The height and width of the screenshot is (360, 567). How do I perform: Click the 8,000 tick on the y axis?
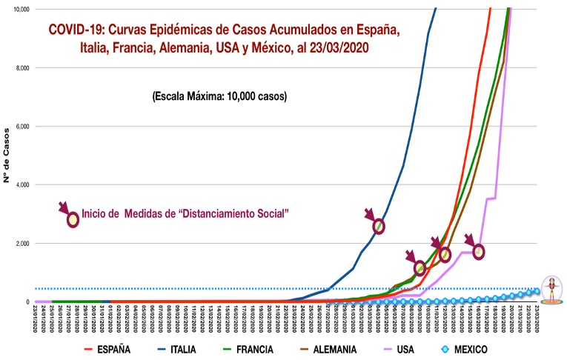pos(19,68)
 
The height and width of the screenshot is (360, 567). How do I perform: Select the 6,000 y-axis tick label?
pos(19,127)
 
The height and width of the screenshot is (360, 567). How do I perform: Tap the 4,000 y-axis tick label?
pos(19,185)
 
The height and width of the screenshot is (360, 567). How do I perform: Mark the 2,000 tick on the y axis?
pos(19,244)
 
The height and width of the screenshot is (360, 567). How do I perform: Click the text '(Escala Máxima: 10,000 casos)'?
pos(219,96)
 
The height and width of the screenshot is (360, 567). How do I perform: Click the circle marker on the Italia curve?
pos(379,226)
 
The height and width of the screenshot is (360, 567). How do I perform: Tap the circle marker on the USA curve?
pos(479,252)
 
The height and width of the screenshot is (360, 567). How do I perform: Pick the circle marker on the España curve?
pos(420,267)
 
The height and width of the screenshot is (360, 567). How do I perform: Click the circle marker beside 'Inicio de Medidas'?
pos(73,220)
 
